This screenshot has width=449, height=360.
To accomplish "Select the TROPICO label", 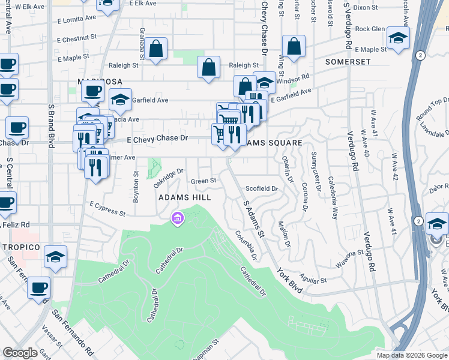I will point(20,247).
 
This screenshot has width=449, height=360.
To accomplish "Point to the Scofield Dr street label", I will point(262,188).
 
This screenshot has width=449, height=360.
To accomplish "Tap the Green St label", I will point(203,181).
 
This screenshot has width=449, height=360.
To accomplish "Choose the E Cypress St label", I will point(108,208).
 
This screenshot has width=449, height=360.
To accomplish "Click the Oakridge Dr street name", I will point(167,178).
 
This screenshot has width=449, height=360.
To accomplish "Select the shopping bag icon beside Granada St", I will point(155,52).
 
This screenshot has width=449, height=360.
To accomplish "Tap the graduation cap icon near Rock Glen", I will point(397,38).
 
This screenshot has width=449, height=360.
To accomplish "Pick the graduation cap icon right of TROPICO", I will point(55,259).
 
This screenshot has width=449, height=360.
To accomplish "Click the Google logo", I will point(20,353).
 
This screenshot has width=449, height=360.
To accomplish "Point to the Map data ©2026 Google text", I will point(412,355).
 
